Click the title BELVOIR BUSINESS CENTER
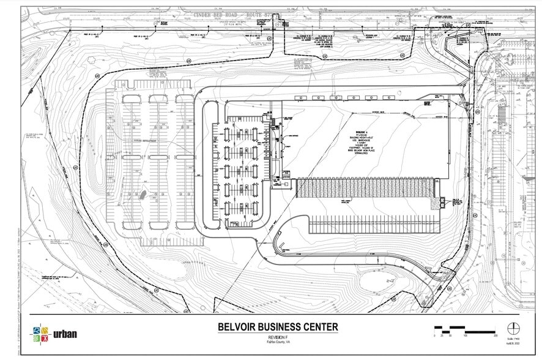click(x=277, y=327)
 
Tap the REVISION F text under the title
click(x=277, y=337)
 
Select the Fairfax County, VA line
click(x=277, y=343)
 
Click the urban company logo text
click(x=65, y=335)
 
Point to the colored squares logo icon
click(x=40, y=335)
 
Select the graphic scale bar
click(x=465, y=328)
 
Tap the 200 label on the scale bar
click(x=495, y=336)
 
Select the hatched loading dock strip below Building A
click(x=365, y=188)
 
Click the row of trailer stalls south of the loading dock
click(x=374, y=224)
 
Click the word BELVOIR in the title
click(x=239, y=327)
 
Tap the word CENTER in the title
click(x=319, y=327)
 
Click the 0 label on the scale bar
click(x=435, y=336)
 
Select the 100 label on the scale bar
click(x=465, y=336)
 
